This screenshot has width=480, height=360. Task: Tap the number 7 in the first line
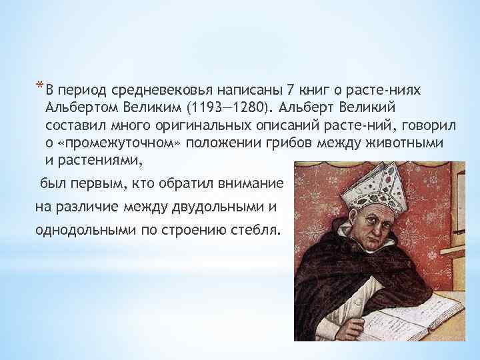[289, 89]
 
